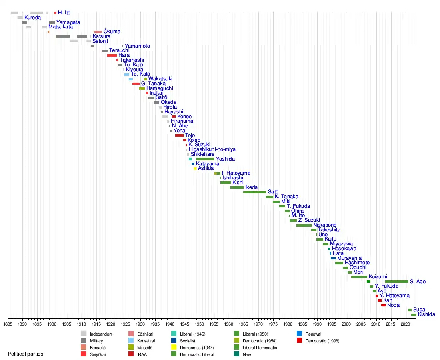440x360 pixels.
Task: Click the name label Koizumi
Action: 378,277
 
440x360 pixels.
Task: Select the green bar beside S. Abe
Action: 396,282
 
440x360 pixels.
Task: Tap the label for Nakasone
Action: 324,225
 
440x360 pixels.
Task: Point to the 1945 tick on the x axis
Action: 185,318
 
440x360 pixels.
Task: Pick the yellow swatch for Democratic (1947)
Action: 174,348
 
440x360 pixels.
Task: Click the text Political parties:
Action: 26,354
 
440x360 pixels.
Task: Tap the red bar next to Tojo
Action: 179,135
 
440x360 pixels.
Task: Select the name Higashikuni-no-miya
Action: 212,149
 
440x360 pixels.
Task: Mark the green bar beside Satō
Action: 254,192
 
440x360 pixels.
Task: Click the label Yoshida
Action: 225,159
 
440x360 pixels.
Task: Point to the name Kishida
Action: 426,314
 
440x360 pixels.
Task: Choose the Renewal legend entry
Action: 313,334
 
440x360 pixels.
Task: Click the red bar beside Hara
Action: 112,55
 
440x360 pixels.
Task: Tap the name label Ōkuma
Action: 112,32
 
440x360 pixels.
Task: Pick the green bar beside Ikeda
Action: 237,187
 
